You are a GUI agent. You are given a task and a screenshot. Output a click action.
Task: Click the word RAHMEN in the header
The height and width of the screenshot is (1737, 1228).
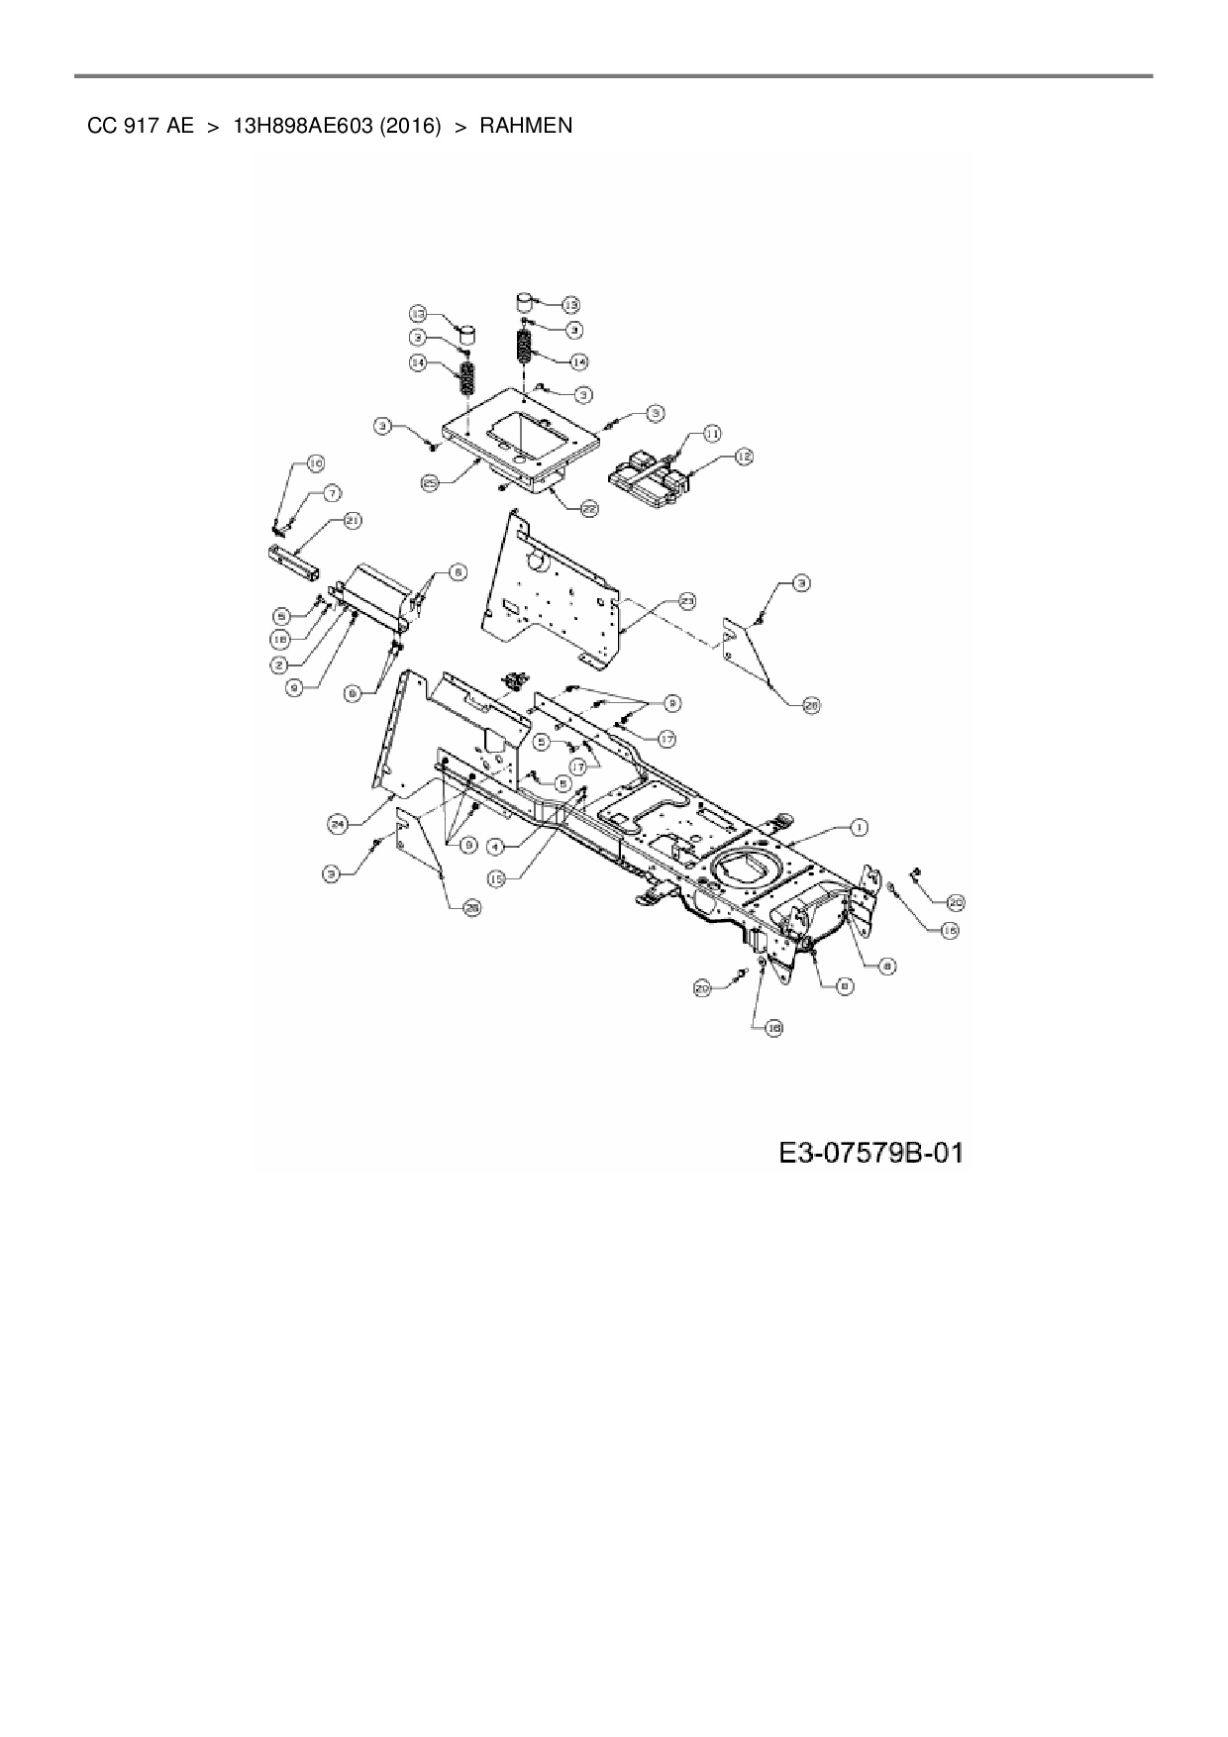526,126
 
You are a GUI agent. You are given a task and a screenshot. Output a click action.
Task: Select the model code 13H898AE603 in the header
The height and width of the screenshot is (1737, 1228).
302,126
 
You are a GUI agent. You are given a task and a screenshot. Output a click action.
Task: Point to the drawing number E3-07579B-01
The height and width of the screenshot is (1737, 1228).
870,1153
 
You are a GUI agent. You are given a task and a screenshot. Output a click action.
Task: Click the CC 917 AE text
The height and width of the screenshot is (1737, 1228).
141,126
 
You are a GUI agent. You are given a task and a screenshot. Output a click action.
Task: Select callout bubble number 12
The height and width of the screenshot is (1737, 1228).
743,457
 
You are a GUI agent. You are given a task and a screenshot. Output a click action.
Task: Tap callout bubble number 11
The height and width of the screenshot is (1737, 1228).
713,433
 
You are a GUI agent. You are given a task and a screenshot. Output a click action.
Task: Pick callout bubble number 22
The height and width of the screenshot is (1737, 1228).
589,508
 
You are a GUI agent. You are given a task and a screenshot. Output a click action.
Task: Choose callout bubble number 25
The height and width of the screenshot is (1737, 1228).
430,483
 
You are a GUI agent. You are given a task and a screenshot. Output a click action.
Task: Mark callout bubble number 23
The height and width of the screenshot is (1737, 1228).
687,600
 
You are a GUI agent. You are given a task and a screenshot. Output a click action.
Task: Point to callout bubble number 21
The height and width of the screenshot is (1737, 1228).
353,520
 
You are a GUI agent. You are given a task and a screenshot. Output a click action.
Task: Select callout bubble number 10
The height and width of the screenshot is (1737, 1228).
315,463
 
